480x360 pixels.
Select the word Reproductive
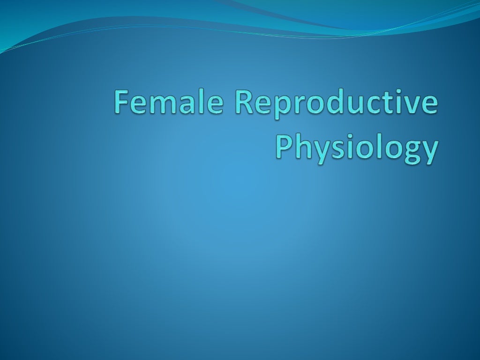point(337,103)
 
